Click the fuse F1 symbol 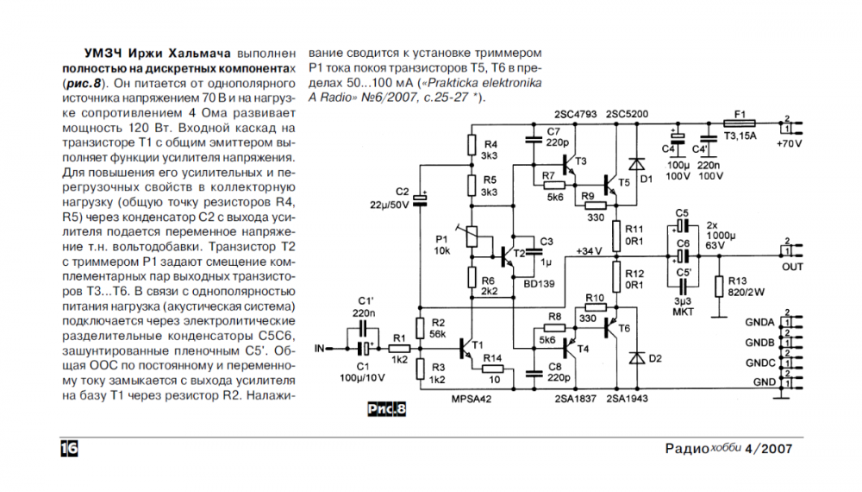click(739, 123)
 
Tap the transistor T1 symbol click(468, 348)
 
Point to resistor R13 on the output click(717, 286)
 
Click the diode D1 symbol click(636, 164)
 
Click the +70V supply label click(788, 142)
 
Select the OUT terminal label click(792, 267)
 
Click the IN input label click(321, 349)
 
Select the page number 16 click(69, 449)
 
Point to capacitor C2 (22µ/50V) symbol click(422, 199)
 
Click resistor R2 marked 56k click(420, 326)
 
